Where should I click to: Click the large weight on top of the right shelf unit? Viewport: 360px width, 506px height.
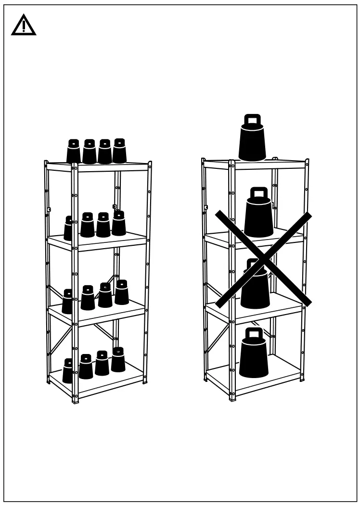pyautogui.click(x=252, y=142)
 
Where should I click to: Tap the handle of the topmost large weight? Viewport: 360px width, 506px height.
pyautogui.click(x=253, y=120)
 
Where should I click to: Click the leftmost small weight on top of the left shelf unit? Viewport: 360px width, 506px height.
pyautogui.click(x=74, y=152)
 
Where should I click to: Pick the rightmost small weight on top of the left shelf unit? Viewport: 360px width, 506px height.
pyautogui.click(x=119, y=152)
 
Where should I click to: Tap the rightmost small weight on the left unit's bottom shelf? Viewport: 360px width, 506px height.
pyautogui.click(x=118, y=360)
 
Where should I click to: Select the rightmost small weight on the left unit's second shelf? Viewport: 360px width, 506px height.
pyautogui.click(x=119, y=224)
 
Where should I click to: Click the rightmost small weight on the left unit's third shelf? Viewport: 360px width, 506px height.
pyautogui.click(x=121, y=293)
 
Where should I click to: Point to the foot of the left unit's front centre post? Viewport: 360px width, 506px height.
pyautogui.click(x=75, y=400)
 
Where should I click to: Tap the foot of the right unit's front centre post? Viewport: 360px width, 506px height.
pyautogui.click(x=232, y=399)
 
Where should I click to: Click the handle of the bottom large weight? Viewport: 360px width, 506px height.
pyautogui.click(x=254, y=333)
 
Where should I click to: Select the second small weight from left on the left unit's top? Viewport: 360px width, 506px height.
pyautogui.click(x=90, y=152)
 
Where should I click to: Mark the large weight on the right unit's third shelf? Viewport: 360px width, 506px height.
pyautogui.click(x=255, y=288)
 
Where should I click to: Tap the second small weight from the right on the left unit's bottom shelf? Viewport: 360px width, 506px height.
pyautogui.click(x=102, y=364)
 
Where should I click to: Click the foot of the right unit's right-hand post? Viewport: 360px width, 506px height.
pyautogui.click(x=302, y=379)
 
